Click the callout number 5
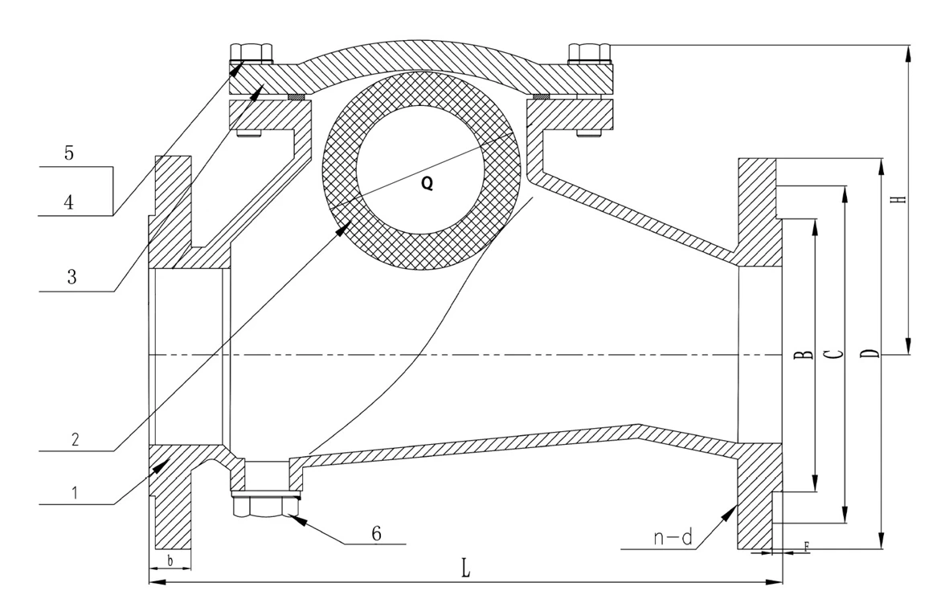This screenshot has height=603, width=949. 69,153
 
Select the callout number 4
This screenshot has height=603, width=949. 69,202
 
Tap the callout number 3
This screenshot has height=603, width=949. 72,277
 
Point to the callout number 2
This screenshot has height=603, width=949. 75,438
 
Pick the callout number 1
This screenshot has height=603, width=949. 75,492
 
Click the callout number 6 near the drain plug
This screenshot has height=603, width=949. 376,533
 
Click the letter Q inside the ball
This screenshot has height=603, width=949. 427,183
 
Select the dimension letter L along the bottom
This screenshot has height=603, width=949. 465,568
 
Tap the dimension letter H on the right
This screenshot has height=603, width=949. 901,198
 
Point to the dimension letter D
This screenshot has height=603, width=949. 869,353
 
